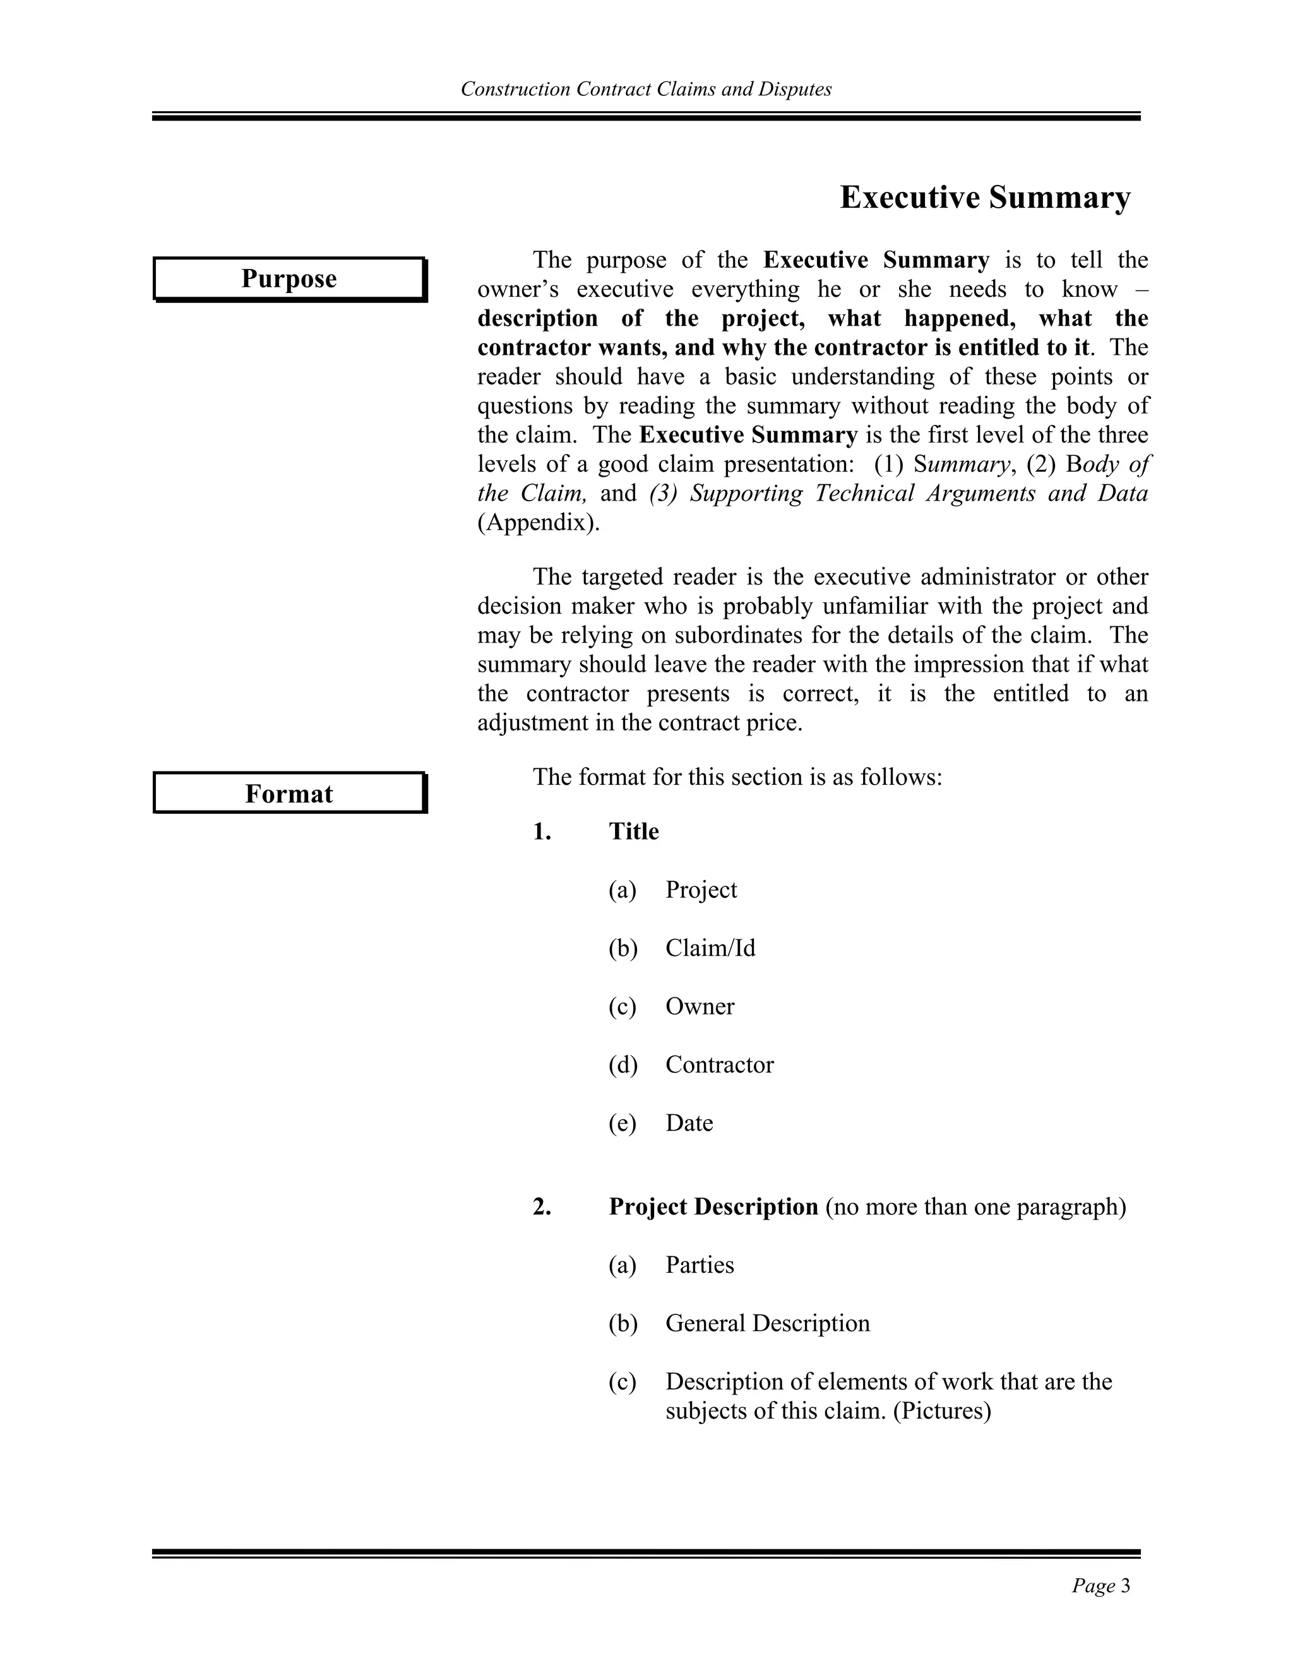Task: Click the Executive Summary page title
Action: pos(984,198)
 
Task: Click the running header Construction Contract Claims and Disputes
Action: pos(646,90)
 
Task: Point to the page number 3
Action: pos(1125,1586)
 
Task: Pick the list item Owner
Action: pos(699,1006)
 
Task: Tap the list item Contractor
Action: pos(718,1065)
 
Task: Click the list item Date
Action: pos(689,1123)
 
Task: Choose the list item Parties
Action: pos(699,1265)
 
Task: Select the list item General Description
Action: pos(766,1323)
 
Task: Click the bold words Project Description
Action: pos(713,1207)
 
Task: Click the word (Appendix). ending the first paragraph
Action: pos(539,523)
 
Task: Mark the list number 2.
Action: pos(542,1207)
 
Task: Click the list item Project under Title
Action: pos(700,890)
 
